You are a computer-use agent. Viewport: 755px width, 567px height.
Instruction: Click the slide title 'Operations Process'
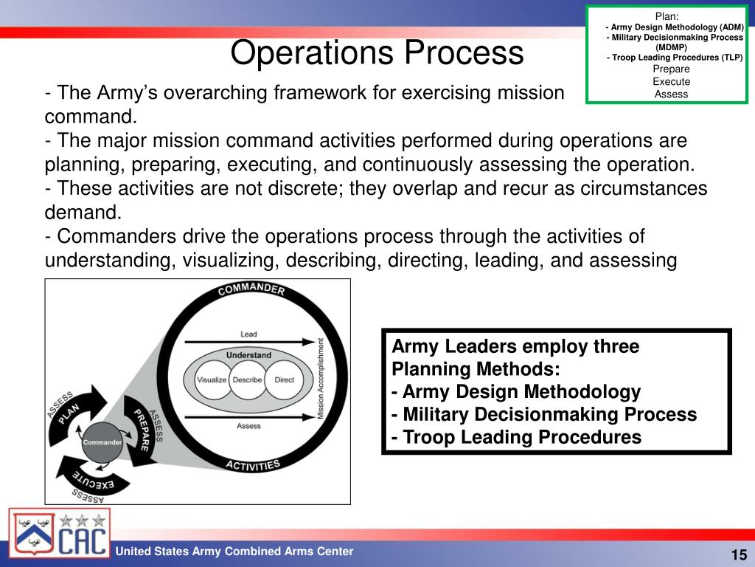[377, 53]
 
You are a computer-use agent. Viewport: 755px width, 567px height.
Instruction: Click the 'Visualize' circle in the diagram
[212, 379]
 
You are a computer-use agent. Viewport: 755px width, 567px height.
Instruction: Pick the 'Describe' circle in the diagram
[248, 379]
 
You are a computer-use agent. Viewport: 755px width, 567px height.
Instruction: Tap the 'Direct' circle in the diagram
[284, 379]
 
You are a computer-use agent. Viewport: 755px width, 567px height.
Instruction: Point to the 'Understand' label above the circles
[248, 355]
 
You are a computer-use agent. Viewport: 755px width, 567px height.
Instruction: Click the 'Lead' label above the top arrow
[248, 334]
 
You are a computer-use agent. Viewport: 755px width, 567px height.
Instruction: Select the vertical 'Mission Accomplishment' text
[321, 379]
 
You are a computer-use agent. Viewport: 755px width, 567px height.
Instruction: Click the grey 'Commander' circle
[102, 442]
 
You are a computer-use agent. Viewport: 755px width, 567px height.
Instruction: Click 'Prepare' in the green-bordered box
[671, 69]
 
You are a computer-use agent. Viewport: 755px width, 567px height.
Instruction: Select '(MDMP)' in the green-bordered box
[671, 47]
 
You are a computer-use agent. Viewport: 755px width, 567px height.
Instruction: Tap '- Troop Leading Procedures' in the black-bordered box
[516, 437]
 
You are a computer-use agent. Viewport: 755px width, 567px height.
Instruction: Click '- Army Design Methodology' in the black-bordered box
[516, 391]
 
